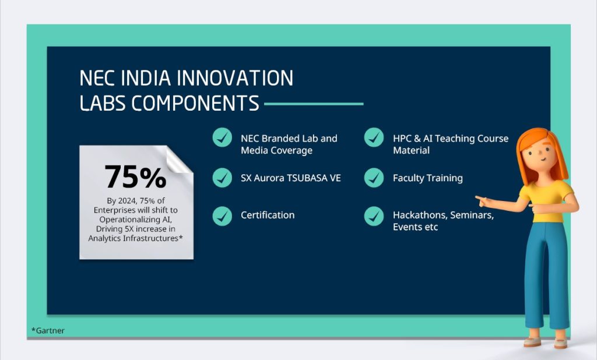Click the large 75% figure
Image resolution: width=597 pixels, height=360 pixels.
pyautogui.click(x=135, y=177)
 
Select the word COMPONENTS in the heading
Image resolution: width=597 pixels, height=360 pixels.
pyautogui.click(x=195, y=104)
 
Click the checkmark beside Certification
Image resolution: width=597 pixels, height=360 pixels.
pyautogui.click(x=222, y=216)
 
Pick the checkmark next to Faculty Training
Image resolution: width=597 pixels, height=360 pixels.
pyautogui.click(x=374, y=178)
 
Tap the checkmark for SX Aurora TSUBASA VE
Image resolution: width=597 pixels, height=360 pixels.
pyautogui.click(x=222, y=178)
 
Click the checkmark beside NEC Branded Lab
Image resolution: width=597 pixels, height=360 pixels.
pyautogui.click(x=222, y=138)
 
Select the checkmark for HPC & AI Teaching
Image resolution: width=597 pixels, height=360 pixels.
pyautogui.click(x=374, y=138)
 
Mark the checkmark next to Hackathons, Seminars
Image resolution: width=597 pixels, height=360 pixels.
pyautogui.click(x=374, y=216)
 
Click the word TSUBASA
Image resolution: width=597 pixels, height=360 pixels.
pyautogui.click(x=305, y=178)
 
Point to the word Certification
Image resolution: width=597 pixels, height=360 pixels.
pyautogui.click(x=268, y=216)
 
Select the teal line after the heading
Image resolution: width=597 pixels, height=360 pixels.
pyautogui.click(x=314, y=104)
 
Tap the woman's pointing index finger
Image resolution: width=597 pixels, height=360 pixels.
pyautogui.click(x=479, y=199)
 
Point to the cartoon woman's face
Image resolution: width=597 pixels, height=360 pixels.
pyautogui.click(x=539, y=156)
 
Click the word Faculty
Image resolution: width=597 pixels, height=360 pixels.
pyautogui.click(x=410, y=178)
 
